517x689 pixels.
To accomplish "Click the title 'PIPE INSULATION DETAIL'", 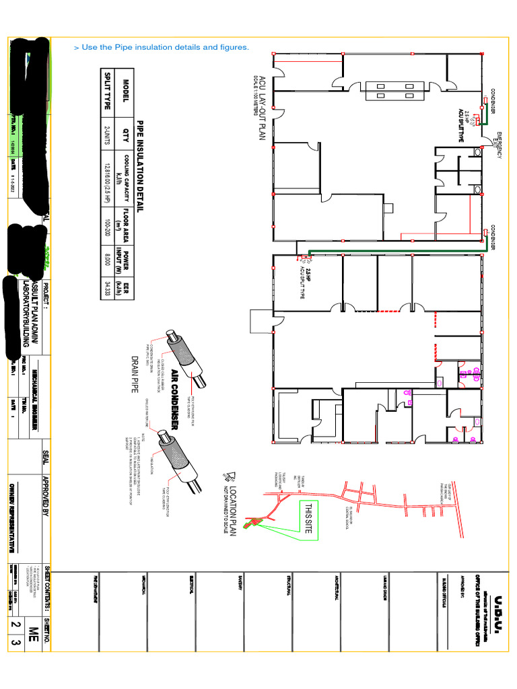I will (x=141, y=166).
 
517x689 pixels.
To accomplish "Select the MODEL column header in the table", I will (x=125, y=91).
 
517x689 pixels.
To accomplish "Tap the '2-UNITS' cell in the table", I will (x=106, y=129).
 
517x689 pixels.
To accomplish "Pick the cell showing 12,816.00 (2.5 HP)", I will (x=106, y=176).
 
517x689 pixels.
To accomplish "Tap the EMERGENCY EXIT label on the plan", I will (x=499, y=145).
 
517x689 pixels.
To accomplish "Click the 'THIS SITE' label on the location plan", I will (x=310, y=517).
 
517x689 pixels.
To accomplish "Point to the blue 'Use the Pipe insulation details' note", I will (x=161, y=47).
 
